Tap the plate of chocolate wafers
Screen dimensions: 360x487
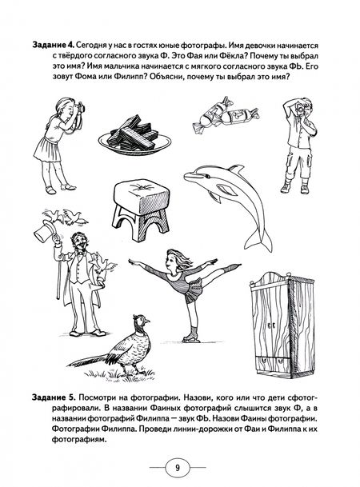135,137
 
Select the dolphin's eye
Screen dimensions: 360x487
206,176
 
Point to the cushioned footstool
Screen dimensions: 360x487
141,211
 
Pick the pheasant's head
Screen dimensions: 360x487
142,319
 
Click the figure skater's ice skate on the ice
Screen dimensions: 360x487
189,337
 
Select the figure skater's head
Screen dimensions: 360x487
175,261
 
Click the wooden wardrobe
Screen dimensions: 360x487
282,325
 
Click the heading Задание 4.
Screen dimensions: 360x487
53,46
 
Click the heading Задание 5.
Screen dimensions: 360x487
54,397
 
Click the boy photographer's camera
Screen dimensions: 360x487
301,110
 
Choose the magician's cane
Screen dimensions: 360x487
58,269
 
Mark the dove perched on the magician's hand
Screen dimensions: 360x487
103,264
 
